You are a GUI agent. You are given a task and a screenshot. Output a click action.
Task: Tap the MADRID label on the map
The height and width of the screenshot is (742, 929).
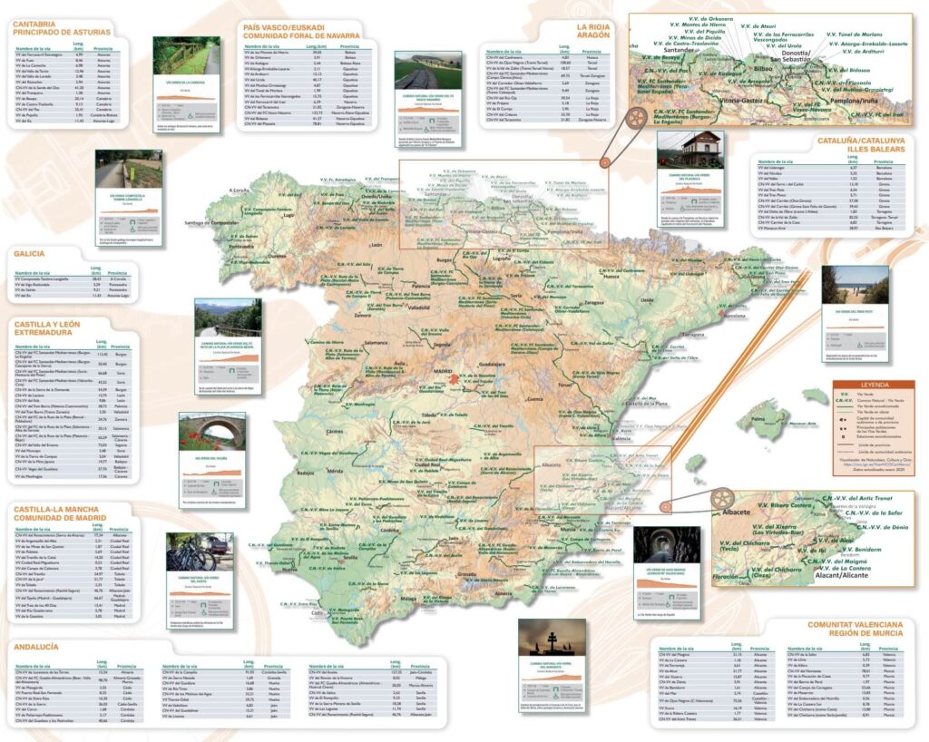(x=443, y=371)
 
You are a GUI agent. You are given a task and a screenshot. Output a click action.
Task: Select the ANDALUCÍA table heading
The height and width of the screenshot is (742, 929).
(x=36, y=647)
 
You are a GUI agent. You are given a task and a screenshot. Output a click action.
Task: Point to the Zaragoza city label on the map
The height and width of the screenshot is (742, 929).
(x=594, y=301)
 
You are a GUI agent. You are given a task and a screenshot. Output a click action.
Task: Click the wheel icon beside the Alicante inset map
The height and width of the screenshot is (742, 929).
(x=723, y=498)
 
